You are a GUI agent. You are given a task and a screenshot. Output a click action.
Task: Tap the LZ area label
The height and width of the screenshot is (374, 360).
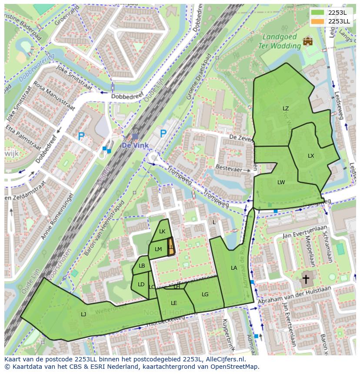(286, 109)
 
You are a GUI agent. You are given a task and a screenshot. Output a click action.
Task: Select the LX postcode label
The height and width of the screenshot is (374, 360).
(311, 156)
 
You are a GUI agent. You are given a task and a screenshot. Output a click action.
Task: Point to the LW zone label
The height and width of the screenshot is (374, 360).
(281, 182)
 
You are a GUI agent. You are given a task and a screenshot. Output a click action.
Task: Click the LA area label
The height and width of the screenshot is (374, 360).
(234, 268)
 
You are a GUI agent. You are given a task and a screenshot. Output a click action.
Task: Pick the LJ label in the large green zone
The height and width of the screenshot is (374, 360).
(83, 314)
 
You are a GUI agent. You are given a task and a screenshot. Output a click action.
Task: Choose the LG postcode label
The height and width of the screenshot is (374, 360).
(205, 295)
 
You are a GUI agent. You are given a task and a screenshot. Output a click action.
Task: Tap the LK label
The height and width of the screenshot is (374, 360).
(162, 232)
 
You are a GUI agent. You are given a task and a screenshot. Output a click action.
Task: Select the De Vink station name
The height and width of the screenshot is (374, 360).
(135, 146)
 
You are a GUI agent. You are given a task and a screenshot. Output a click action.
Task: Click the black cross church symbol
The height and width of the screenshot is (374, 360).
(306, 279)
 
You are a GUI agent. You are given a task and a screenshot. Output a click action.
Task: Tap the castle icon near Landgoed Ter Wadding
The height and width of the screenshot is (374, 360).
(308, 41)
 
